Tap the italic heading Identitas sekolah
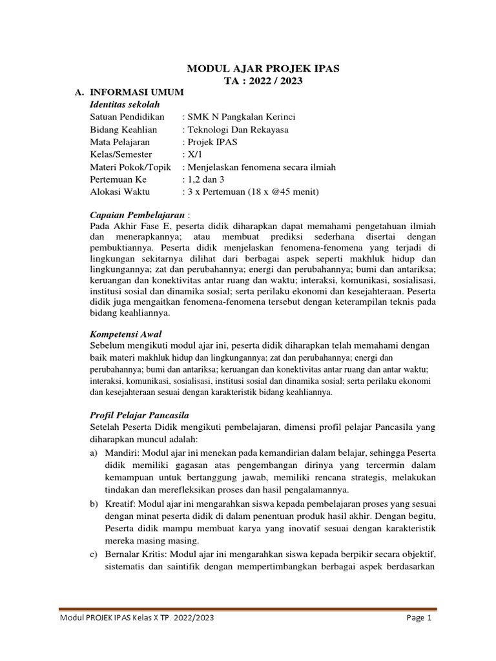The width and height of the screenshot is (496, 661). click(x=123, y=105)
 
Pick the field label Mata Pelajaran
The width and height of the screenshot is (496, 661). click(x=120, y=142)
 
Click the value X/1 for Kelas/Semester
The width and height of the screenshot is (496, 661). click(x=194, y=155)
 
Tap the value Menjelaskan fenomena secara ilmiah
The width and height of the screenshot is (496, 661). click(x=261, y=167)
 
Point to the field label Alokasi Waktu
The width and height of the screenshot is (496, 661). click(x=119, y=192)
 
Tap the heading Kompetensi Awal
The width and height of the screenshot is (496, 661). click(x=124, y=334)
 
